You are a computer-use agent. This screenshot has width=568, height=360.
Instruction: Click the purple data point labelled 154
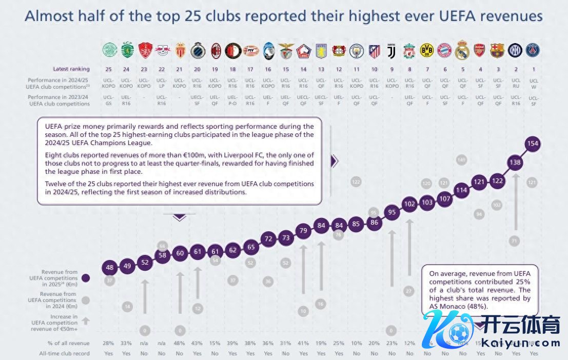click(533, 144)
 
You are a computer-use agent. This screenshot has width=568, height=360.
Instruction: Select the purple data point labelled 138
click(515, 162)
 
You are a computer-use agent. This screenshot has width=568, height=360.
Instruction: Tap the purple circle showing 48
click(109, 267)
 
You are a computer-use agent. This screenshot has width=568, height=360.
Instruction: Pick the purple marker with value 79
click(303, 231)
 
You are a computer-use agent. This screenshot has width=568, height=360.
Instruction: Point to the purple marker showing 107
click(445, 199)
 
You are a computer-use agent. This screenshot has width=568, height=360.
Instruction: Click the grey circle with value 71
click(515, 240)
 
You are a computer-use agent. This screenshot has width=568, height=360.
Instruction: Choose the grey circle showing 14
click(127, 307)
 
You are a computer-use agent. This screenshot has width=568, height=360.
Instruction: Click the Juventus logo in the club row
click(391, 50)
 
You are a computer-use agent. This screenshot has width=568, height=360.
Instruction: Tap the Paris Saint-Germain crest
click(533, 50)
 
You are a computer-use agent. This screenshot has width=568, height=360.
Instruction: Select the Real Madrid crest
click(462, 50)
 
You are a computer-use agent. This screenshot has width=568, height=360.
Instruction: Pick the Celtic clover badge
click(109, 50)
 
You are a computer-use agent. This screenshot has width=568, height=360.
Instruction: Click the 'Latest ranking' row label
click(71, 69)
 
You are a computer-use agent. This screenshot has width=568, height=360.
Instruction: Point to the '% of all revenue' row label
click(68, 343)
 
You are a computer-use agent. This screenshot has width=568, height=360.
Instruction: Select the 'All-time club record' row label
click(65, 353)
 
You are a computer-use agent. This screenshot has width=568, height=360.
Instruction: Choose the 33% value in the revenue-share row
click(127, 343)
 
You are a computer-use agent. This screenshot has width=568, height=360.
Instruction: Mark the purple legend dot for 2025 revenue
click(86, 278)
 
